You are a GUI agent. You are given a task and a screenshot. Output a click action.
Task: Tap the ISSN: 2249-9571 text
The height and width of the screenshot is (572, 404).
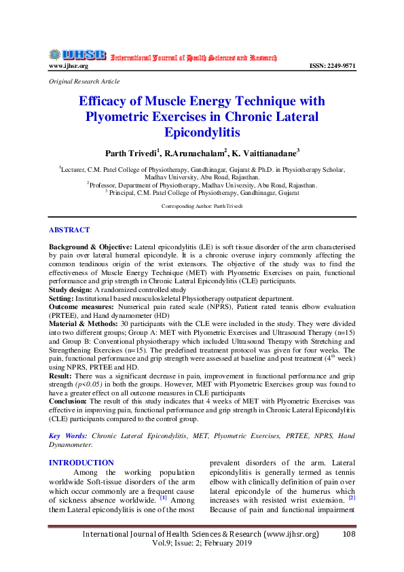pos(332,66)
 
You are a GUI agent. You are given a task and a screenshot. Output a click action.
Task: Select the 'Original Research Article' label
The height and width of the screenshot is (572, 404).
pos(84,81)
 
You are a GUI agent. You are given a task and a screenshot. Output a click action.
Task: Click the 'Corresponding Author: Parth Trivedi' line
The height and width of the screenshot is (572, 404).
pos(202,205)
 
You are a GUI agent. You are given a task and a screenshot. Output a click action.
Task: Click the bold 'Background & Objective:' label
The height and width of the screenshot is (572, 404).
pos(90,244)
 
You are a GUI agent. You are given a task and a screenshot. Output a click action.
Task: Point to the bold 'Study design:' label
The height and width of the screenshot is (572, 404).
pos(71,289)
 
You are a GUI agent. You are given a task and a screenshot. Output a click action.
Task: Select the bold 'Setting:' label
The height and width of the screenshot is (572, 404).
pos(63,298)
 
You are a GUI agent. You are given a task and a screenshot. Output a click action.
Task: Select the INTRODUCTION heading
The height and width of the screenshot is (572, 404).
pos(81,463)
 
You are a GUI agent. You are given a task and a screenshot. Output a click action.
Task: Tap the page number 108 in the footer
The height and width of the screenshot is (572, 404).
pos(349,534)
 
